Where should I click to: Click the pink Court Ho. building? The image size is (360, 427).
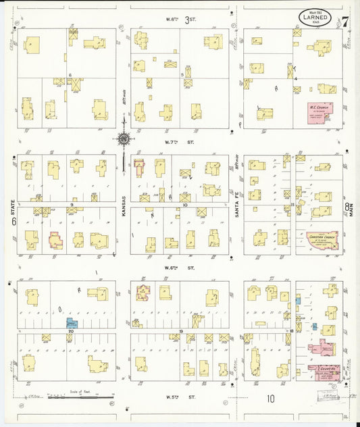tap(324, 370)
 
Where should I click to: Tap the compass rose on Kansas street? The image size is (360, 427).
tap(124, 139)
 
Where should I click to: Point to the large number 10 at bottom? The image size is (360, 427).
tap(271, 399)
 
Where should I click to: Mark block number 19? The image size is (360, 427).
tap(182, 330)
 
